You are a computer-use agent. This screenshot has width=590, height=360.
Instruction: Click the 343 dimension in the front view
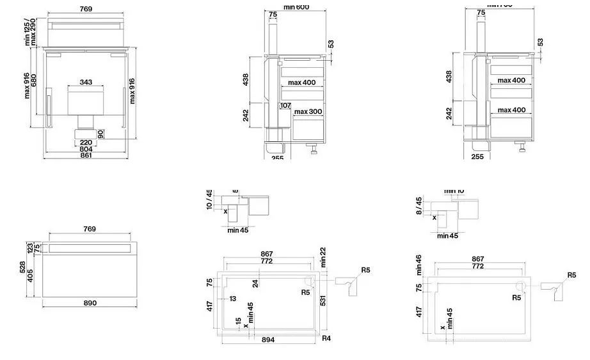pyautogui.click(x=86, y=82)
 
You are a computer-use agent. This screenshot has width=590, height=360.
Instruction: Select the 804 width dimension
pyautogui.click(x=86, y=149)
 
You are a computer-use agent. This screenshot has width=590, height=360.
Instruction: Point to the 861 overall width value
pyautogui.click(x=86, y=155)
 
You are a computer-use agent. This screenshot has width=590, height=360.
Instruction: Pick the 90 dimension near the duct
pyautogui.click(x=100, y=133)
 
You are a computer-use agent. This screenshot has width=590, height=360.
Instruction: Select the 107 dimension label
pyautogui.click(x=285, y=106)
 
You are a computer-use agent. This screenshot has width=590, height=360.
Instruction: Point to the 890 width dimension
pyautogui.click(x=90, y=302)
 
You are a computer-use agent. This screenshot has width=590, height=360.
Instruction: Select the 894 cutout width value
pyautogui.click(x=268, y=340)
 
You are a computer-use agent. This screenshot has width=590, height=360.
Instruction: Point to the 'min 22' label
pyautogui.click(x=324, y=256)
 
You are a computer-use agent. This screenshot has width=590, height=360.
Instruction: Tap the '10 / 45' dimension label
pyautogui.click(x=209, y=199)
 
